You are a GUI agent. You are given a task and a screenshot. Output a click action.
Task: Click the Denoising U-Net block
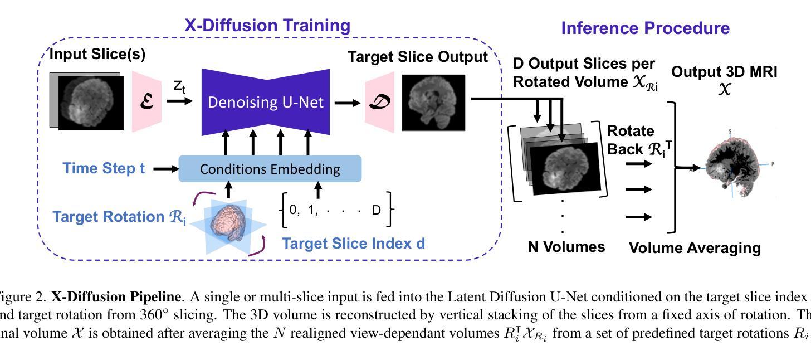(x=265, y=103)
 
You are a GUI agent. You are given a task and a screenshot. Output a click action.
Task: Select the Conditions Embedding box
(x=270, y=169)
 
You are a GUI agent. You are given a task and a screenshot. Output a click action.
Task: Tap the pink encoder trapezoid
(x=146, y=102)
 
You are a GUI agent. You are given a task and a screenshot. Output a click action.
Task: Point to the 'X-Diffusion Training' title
(x=267, y=26)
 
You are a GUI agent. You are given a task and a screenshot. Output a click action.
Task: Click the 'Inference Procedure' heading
(x=645, y=28)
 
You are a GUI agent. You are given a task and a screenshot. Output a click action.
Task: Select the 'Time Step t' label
(x=104, y=168)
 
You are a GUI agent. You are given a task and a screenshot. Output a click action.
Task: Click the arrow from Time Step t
(x=165, y=169)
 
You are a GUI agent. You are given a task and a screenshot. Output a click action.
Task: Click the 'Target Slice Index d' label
(x=353, y=244)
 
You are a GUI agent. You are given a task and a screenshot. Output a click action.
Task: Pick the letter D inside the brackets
(x=376, y=211)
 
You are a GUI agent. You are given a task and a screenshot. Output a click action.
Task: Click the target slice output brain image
(x=433, y=103)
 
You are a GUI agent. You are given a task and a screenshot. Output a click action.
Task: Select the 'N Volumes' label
(x=566, y=246)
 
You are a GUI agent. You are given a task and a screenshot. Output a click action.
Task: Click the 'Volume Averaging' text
(x=695, y=248)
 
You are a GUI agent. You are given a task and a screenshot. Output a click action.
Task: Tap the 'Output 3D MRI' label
(x=724, y=72)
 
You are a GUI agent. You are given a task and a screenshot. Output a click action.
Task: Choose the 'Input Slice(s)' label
(x=97, y=55)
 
